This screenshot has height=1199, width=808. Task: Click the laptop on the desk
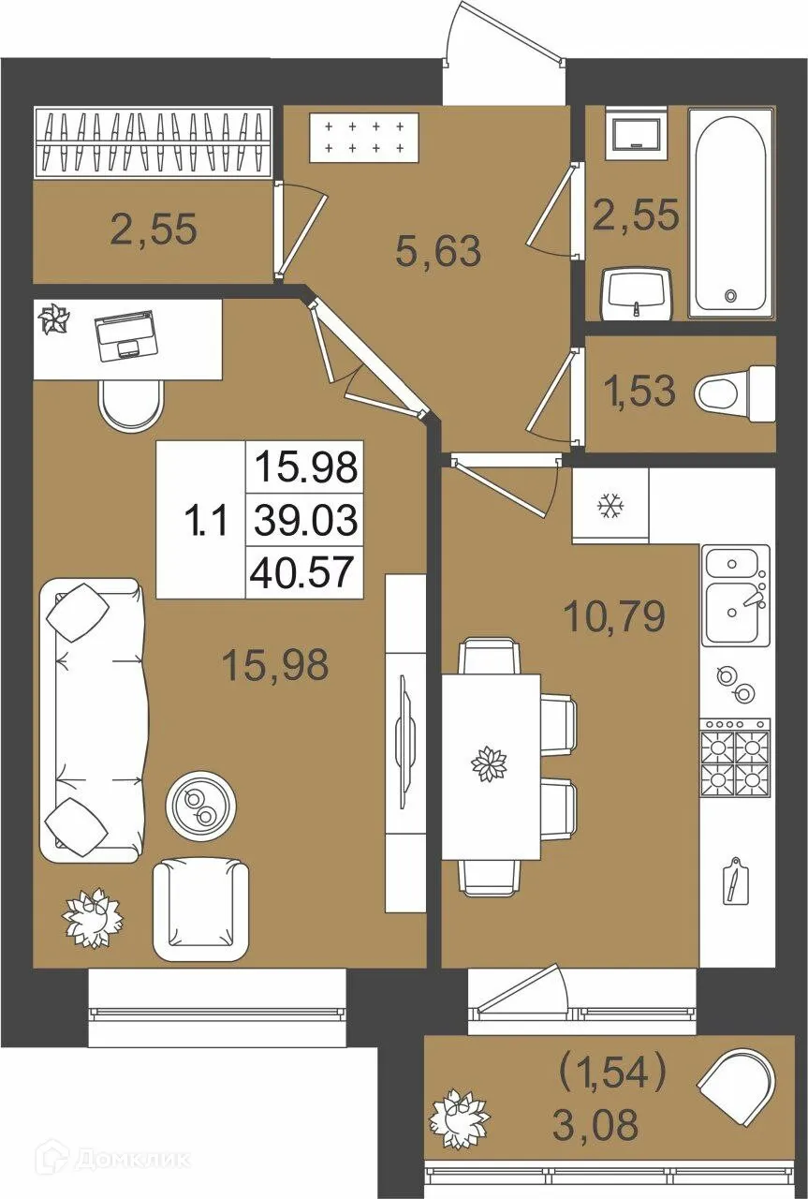125,335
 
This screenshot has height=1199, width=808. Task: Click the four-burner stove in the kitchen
736,758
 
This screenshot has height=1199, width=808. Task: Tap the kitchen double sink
736,595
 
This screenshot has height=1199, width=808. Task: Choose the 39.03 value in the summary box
305,520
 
